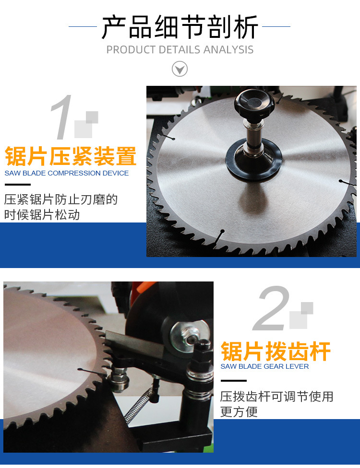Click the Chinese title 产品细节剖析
pos(180,27)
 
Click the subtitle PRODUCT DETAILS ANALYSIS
pos(180,50)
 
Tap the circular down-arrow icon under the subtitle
pos(180,69)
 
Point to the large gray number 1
pos(62,117)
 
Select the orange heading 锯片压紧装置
pos(71,156)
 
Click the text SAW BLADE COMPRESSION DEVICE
pos(67,173)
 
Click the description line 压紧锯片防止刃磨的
pos(61,199)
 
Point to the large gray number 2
pos(272,309)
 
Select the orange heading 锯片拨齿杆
pos(276,351)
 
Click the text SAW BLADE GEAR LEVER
pos(264,366)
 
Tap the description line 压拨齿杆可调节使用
pos(276,397)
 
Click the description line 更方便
pos(239,412)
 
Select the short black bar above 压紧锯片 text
pos(17,185)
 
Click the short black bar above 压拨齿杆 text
pos(233,381)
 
